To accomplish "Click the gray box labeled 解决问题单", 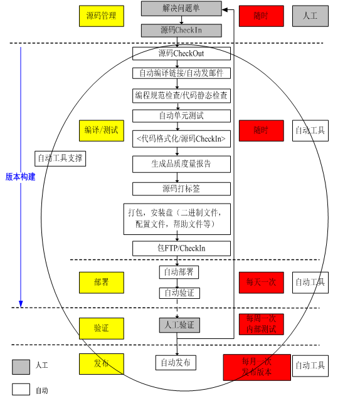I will point(181,9).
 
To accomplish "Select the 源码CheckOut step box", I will point(181,53).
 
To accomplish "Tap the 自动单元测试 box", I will point(181,116).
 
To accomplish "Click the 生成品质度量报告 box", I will point(181,164).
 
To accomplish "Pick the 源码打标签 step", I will point(181,189).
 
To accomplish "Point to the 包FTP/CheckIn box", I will point(181,248).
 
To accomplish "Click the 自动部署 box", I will point(179,272).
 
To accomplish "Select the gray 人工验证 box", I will point(179,325).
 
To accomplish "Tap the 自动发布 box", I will point(176,362).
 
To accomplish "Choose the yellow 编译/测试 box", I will point(101,130).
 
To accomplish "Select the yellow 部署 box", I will point(101,282).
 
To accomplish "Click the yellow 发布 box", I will point(101,363).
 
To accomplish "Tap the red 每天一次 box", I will point(261,282).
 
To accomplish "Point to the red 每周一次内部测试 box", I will point(261,324).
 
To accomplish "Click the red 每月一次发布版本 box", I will point(257,367).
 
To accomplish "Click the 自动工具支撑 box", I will point(60,159).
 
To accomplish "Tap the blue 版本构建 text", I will point(20,177).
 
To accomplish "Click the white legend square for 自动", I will point(21,389).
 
